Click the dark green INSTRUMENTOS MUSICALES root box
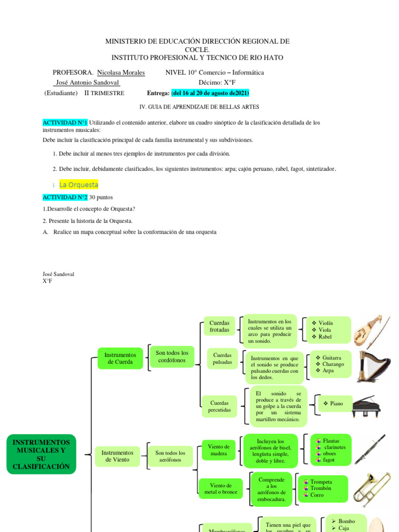point(41,455)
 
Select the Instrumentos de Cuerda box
point(120,358)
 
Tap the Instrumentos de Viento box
point(117,456)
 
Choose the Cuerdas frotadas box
point(219,326)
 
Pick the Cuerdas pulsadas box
point(223,358)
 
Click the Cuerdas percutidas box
point(219,406)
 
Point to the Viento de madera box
point(219,450)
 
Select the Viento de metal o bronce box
point(220,488)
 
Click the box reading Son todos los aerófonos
point(170,456)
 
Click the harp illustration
point(374,367)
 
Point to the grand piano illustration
point(369,406)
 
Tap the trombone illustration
point(371,488)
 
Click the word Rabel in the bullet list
point(326,337)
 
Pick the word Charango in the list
point(333,364)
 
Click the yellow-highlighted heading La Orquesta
point(78,184)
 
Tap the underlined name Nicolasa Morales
point(121,73)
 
